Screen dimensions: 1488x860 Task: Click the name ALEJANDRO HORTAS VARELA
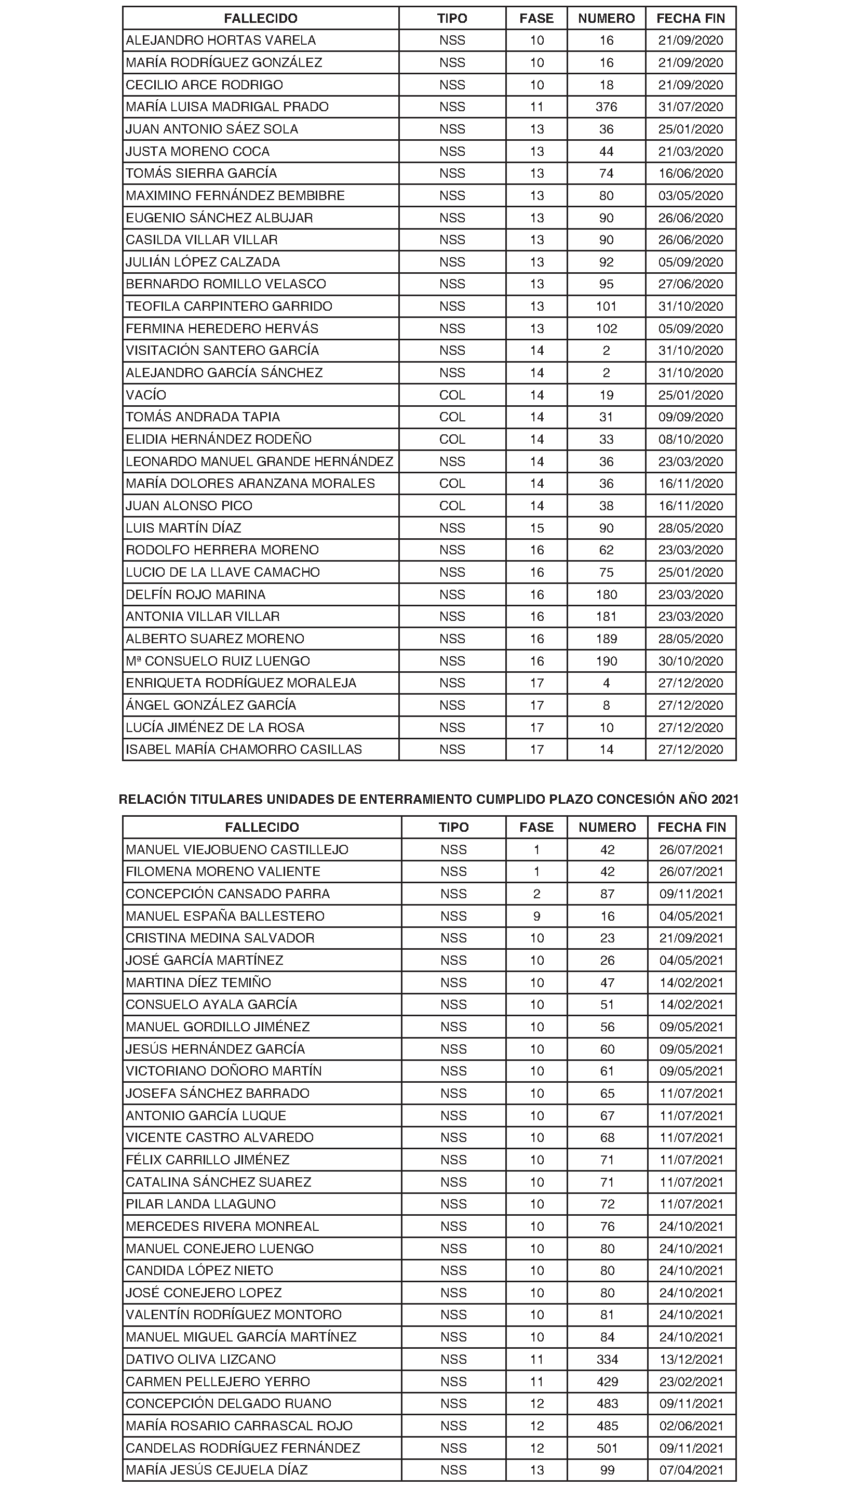coord(221,41)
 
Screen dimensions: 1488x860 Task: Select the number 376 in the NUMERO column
coord(606,107)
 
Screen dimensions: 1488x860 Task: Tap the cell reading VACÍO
coord(146,395)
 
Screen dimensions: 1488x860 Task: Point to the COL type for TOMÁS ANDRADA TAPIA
coord(452,417)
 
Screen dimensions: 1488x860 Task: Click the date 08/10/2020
coord(691,440)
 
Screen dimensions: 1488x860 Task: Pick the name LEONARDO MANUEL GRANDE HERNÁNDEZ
coord(259,462)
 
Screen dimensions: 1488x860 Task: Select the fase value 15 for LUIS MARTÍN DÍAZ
coord(536,528)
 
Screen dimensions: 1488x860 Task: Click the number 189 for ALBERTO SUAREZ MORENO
coord(606,639)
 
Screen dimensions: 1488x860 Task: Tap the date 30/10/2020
coord(691,661)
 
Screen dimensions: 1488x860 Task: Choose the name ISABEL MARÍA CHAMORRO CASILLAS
coord(244,749)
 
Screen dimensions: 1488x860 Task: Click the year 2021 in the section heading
coord(725,800)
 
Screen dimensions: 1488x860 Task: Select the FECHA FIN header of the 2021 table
coord(691,827)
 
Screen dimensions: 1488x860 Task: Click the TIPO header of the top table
coord(452,18)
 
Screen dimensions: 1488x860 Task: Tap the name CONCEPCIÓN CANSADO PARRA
coord(228,894)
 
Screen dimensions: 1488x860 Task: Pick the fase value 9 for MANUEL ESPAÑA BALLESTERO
coord(536,916)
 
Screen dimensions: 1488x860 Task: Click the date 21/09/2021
coord(691,938)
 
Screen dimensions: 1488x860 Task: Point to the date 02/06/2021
coord(691,1426)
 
